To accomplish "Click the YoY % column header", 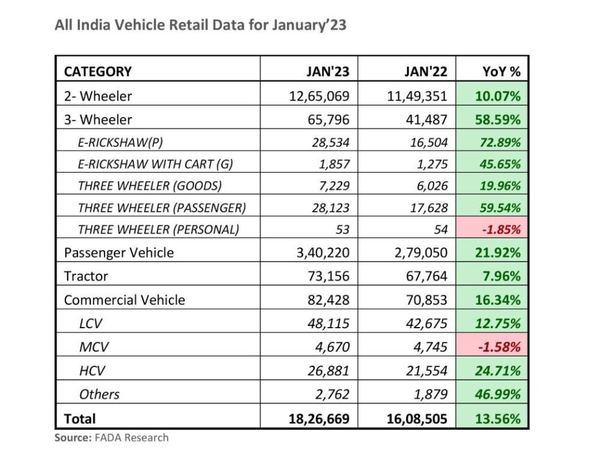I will point(501,72).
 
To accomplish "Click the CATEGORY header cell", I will point(98,72).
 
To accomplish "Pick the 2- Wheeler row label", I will point(98,96).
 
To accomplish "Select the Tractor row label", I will point(86,276).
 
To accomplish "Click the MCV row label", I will point(92,347).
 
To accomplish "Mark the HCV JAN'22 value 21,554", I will point(425,371).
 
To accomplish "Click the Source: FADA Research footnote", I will point(112,438).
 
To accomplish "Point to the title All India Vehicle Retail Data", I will point(201,25).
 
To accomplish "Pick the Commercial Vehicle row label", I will point(124,299).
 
